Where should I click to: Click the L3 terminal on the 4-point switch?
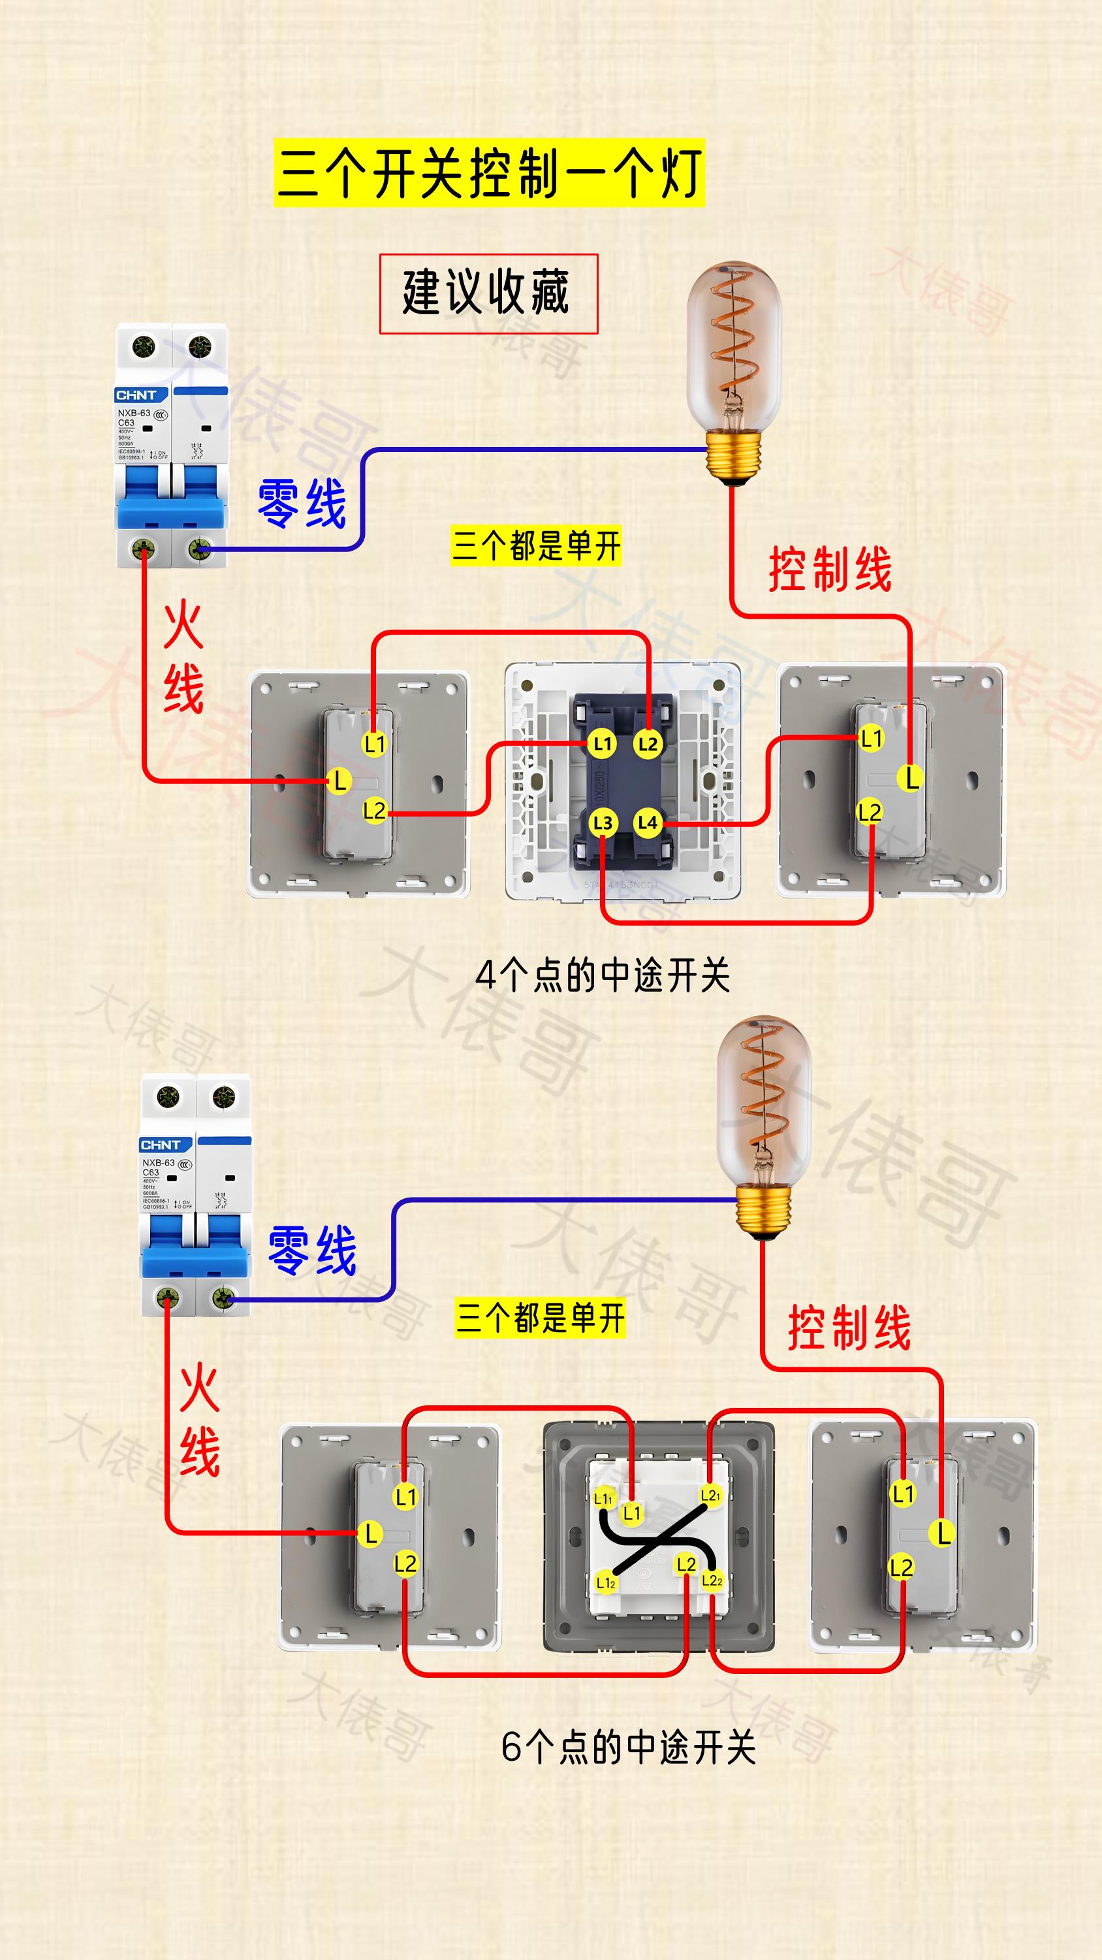(603, 823)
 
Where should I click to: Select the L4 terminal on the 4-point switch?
(647, 823)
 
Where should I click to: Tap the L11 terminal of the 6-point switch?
(603, 1498)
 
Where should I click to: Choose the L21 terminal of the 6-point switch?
(710, 1495)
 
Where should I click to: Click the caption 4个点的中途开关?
(603, 975)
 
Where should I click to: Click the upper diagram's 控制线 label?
(830, 569)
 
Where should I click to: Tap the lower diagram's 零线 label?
(312, 1250)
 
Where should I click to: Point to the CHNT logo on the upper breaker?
(136, 395)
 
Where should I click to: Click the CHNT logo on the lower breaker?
(161, 1145)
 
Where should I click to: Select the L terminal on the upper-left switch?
(339, 780)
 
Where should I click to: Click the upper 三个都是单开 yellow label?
(536, 546)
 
